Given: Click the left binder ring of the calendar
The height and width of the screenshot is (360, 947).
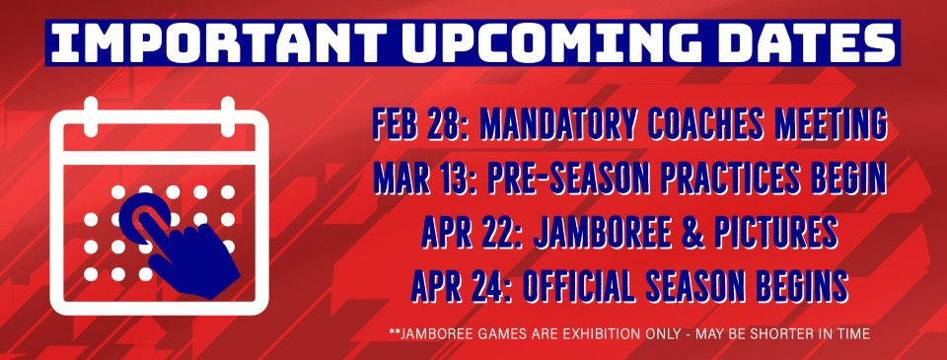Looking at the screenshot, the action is [91, 116].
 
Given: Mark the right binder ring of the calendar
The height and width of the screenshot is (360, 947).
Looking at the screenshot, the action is [228, 116].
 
